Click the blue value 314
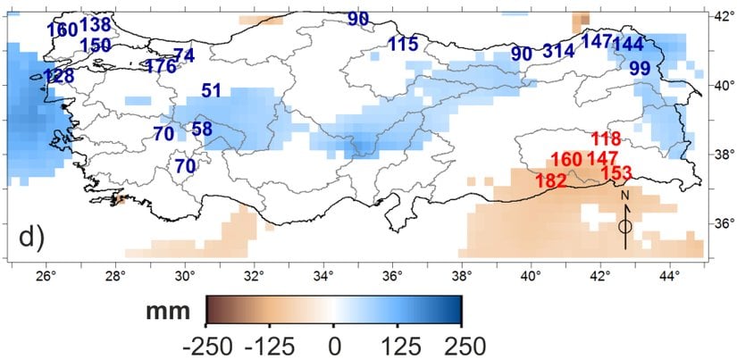point(558,51)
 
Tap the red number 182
point(550,180)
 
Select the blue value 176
point(161,66)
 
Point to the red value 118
point(605,138)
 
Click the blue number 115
point(403,44)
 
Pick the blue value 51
point(211,90)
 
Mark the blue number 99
point(639,68)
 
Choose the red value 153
point(616,172)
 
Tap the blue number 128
point(58,76)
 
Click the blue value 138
point(96,24)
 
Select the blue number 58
point(202,129)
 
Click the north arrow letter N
point(625,195)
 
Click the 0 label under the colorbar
point(334,345)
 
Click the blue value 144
point(628,44)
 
